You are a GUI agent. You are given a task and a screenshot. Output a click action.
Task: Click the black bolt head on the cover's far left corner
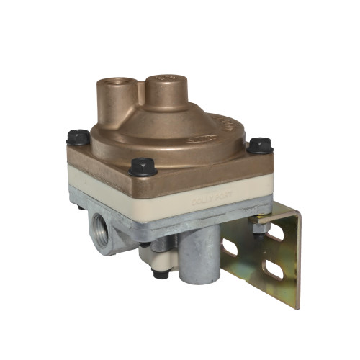point(78,136)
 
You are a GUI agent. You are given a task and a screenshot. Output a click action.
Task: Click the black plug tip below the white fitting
point(162,274)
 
